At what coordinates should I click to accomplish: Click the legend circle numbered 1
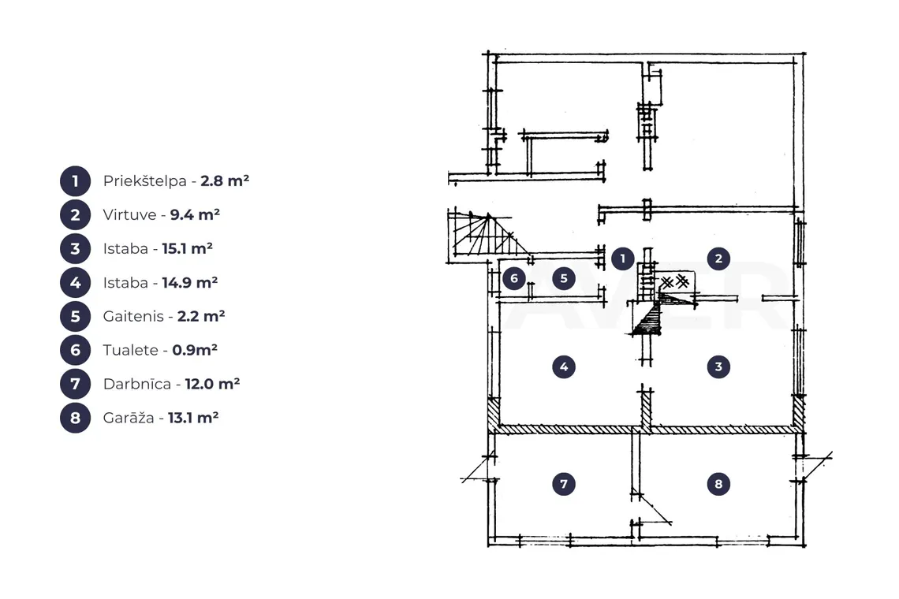coord(75,181)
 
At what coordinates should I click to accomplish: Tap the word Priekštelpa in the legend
coord(145,181)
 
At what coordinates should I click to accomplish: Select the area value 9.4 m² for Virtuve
coord(195,214)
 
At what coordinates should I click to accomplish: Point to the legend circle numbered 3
coord(75,249)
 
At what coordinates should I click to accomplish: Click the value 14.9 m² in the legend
coord(190,282)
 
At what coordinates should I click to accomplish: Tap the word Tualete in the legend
coord(131,350)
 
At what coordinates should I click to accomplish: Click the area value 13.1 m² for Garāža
coord(193,417)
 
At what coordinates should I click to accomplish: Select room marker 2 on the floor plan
coord(718,259)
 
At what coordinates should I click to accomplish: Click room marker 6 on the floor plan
coord(514,278)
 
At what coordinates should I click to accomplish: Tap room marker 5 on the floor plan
coord(564,278)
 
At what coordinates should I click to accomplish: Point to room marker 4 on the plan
coord(564,366)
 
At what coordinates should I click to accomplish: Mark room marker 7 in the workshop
coord(564,484)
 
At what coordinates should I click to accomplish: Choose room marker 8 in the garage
coord(718,484)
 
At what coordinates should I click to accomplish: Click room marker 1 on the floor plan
coord(623,259)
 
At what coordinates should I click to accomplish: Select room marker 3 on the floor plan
coord(718,366)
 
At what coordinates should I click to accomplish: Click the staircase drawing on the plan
coord(487,235)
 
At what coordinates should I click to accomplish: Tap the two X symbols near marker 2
coord(675,282)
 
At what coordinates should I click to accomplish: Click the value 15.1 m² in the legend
coord(188,248)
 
